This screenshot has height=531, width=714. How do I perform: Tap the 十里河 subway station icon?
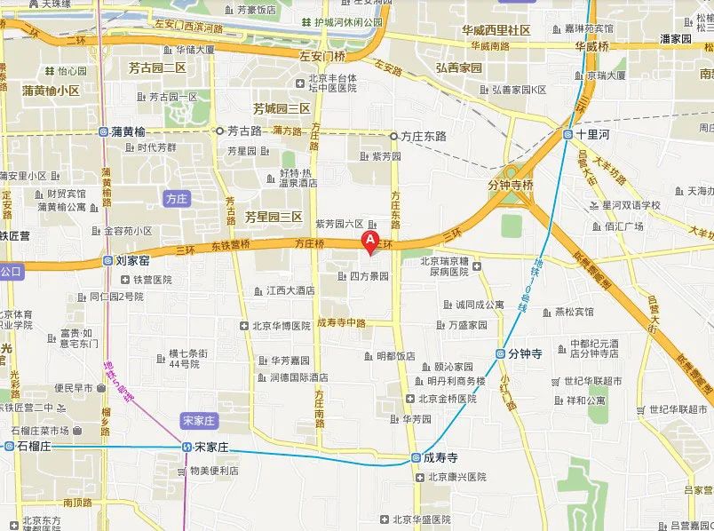pyautogui.click(x=567, y=135)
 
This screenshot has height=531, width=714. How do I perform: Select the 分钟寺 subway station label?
pyautogui.click(x=525, y=353)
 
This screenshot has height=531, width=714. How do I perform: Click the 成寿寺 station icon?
pyautogui.click(x=416, y=458)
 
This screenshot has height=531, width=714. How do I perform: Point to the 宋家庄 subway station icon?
pyautogui.click(x=186, y=446)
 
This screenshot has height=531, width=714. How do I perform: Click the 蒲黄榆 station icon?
pyautogui.click(x=103, y=131)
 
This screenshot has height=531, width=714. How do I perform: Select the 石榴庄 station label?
pyautogui.click(x=35, y=446)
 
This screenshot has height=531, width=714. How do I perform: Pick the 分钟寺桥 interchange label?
pyautogui.click(x=511, y=186)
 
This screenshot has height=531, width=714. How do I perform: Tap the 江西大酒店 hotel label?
pyautogui.click(x=290, y=289)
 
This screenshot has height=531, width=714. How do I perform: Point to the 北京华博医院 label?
pyautogui.click(x=282, y=326)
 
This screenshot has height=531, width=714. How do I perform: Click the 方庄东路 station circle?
pyautogui.click(x=393, y=136)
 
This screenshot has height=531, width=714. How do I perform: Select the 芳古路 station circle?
pyautogui.click(x=219, y=131)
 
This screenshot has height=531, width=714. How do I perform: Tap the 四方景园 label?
pyautogui.click(x=369, y=276)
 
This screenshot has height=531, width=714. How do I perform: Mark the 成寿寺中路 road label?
pyautogui.click(x=341, y=323)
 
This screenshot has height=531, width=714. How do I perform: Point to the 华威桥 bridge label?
pyautogui.click(x=591, y=45)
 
